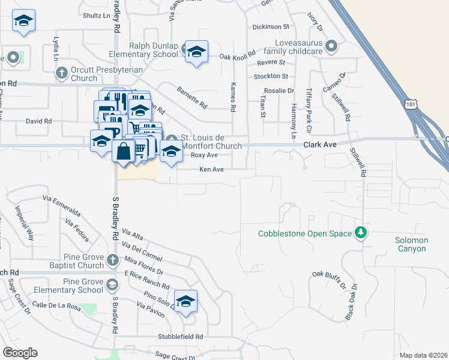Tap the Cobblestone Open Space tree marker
point(360,232)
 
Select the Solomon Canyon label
point(411,244)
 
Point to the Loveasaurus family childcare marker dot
point(330,46)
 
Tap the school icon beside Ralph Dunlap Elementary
point(196,52)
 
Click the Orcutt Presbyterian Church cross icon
point(61,73)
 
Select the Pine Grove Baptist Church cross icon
point(113,260)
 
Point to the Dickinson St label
point(271,27)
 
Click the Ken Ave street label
point(211,170)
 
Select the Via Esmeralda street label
point(61,204)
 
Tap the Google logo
point(20,353)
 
